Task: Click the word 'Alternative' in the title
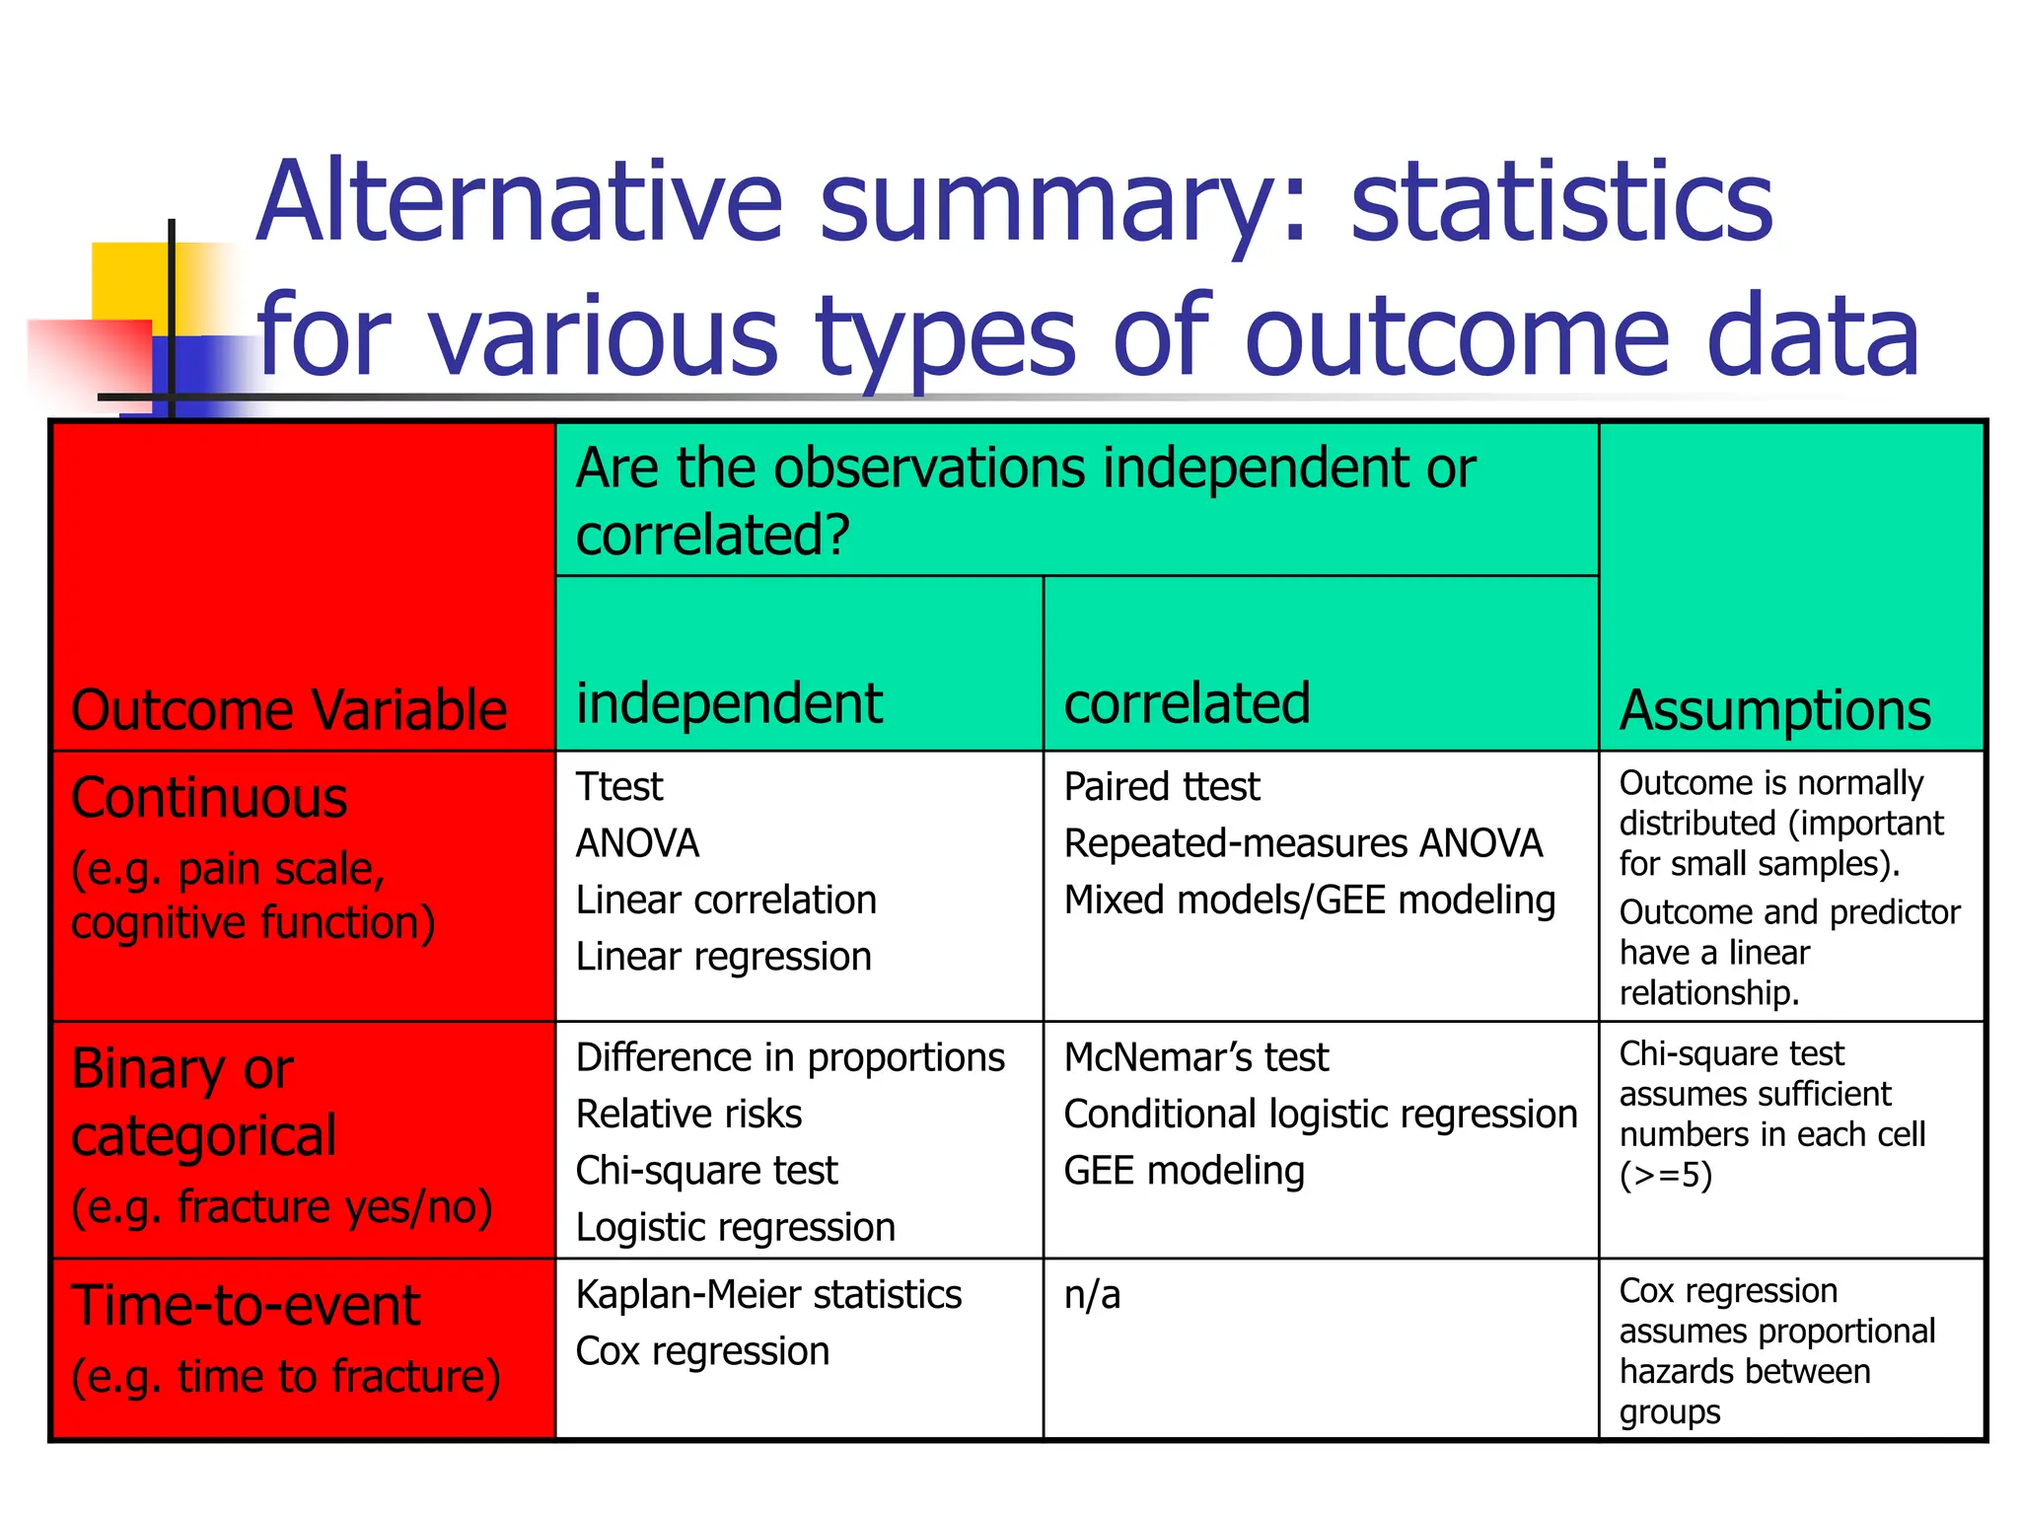[x=520, y=202]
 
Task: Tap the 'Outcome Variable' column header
[x=289, y=710]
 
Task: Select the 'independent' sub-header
[x=729, y=703]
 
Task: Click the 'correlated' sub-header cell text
[x=1187, y=703]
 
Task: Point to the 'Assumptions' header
[x=1774, y=710]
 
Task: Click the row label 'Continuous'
[x=209, y=798]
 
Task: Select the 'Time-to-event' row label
[x=246, y=1306]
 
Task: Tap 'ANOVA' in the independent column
[x=637, y=843]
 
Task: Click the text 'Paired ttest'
[x=1161, y=787]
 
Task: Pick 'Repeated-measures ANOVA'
[x=1302, y=843]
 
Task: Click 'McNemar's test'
[x=1195, y=1057]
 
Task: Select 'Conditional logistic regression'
[x=1320, y=1115]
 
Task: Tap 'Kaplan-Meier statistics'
[x=768, y=1295]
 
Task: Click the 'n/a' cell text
[x=1092, y=1295]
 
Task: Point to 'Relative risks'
[x=688, y=1115]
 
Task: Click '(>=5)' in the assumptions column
[x=1665, y=1176]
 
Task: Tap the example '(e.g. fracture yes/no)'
[x=282, y=1207]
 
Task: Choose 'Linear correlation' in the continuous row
[x=726, y=901]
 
